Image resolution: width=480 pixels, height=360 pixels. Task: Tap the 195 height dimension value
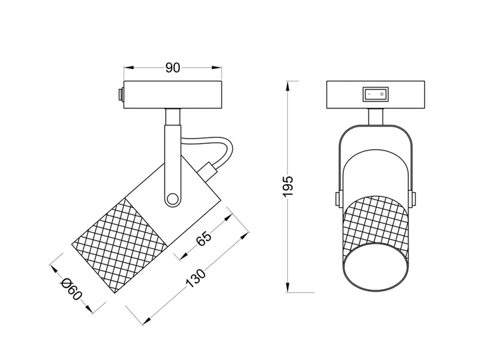pyautogui.click(x=289, y=187)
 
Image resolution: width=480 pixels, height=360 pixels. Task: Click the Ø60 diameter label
pyautogui.click(x=71, y=292)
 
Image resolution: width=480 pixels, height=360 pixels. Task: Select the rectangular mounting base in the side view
pyautogui.click(x=173, y=94)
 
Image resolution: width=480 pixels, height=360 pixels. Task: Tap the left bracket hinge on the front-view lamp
pyautogui.click(x=336, y=199)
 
